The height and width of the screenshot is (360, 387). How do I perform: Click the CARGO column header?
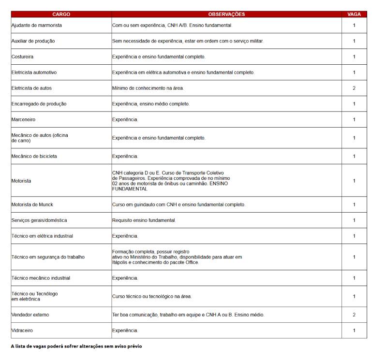61,14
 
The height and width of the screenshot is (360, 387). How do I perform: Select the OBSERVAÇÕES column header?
226,14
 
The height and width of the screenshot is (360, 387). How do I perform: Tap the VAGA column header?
354,14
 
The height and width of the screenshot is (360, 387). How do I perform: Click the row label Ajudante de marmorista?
37,25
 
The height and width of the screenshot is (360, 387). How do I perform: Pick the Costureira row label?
22,57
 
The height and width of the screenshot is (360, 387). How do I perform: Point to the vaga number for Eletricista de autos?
354,88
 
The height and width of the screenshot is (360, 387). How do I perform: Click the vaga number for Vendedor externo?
354,315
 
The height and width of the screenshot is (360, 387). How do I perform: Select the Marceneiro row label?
23,119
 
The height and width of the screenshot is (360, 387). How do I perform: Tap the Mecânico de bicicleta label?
34,156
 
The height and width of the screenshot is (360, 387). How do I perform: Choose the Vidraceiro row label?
22,331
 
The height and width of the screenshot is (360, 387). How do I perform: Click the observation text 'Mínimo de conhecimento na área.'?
148,88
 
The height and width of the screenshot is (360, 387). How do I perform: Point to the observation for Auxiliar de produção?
188,41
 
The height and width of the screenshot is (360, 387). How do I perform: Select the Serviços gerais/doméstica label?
39,220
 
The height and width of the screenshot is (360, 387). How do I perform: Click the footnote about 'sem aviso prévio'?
76,346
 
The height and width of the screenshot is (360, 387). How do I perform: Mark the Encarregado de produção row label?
39,104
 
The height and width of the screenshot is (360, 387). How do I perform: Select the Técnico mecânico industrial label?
41,278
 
